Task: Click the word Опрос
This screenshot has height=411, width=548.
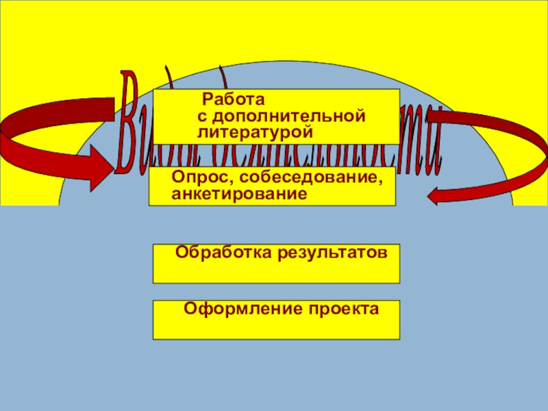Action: point(193,177)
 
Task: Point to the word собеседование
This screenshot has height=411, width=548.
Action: point(298,178)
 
